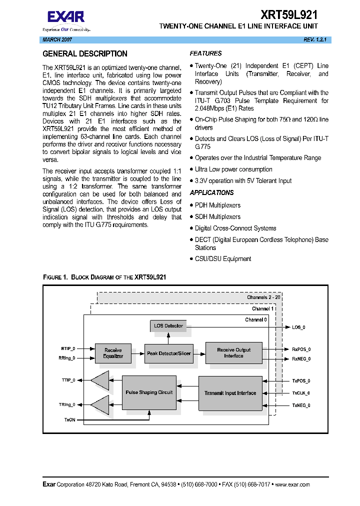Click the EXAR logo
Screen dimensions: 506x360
point(66,17)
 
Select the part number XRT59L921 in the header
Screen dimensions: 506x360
point(289,15)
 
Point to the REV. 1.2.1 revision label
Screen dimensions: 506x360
point(315,39)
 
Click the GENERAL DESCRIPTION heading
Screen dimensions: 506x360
point(85,54)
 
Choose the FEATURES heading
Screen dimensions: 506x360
point(205,53)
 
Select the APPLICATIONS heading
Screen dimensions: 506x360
point(211,192)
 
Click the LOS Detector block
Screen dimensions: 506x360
point(168,326)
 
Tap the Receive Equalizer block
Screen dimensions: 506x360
point(113,352)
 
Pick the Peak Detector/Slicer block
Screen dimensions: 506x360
point(168,353)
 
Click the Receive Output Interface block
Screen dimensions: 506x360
point(233,353)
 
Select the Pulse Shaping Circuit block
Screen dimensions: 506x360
point(149,392)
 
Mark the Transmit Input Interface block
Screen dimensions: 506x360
point(230,393)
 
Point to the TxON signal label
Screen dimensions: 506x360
point(69,419)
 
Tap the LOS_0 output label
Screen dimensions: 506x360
point(298,327)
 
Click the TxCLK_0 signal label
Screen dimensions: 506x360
point(301,393)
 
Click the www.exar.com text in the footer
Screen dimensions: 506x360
point(292,484)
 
